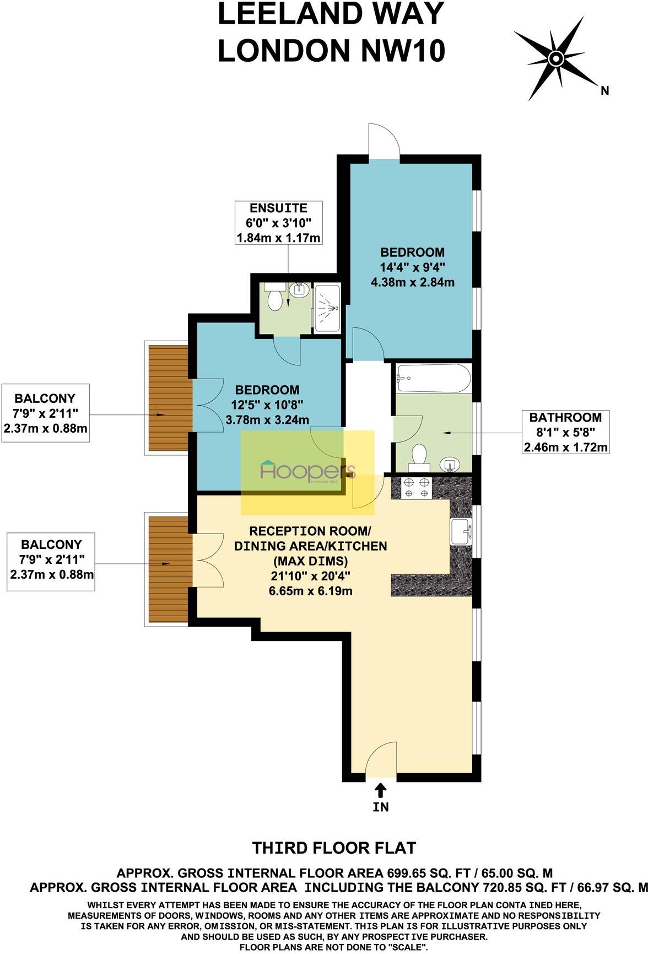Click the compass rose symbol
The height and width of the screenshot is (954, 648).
(x=555, y=58)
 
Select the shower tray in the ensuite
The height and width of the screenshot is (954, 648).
(x=327, y=309)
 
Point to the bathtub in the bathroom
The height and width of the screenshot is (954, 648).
(x=433, y=378)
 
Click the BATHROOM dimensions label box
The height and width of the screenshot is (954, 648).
(x=565, y=433)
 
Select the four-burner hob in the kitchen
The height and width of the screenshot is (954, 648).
(x=417, y=488)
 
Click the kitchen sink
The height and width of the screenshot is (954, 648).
(x=461, y=532)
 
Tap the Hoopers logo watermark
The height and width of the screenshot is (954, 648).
(x=307, y=471)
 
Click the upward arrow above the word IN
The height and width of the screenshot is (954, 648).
(x=380, y=791)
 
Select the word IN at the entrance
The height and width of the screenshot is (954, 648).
(x=381, y=807)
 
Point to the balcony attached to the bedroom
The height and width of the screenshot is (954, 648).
(x=168, y=397)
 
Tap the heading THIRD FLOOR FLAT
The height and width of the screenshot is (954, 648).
(x=334, y=848)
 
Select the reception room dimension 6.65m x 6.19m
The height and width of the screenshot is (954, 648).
(x=310, y=591)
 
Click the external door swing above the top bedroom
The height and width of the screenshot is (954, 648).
(x=384, y=142)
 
